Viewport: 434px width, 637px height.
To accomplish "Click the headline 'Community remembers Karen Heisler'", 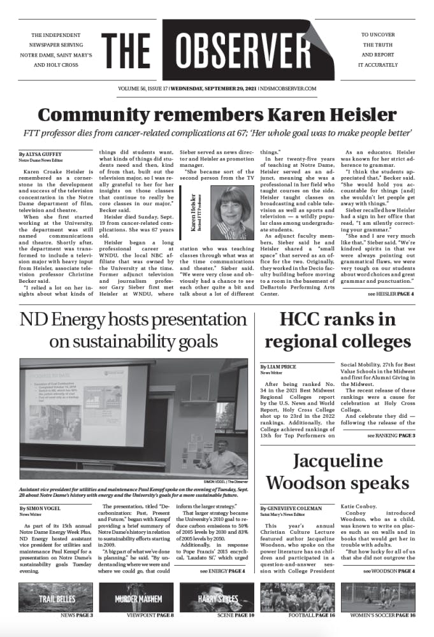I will [x=217, y=115].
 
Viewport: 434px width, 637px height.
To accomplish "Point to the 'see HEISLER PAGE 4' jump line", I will [x=391, y=294].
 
